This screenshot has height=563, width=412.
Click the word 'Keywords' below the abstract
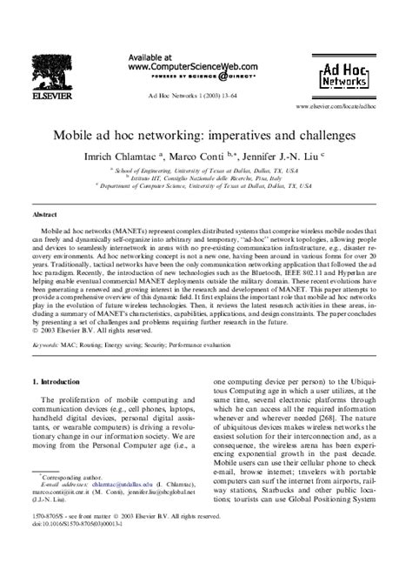(x=50, y=345)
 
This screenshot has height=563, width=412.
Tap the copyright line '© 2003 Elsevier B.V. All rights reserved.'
(x=100, y=331)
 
